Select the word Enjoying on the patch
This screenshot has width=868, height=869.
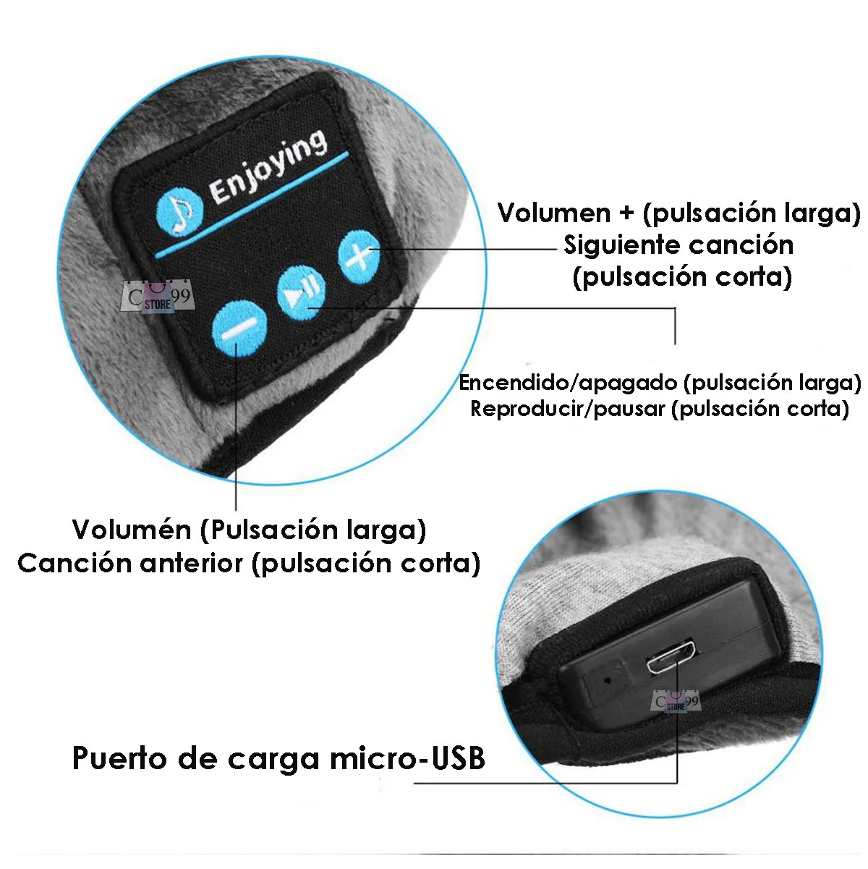click(268, 166)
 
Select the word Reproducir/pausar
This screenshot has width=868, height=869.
click(567, 409)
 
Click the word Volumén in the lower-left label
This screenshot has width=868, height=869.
click(132, 530)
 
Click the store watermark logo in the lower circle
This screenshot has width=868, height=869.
click(676, 700)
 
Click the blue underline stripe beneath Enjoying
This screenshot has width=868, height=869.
click(253, 203)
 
